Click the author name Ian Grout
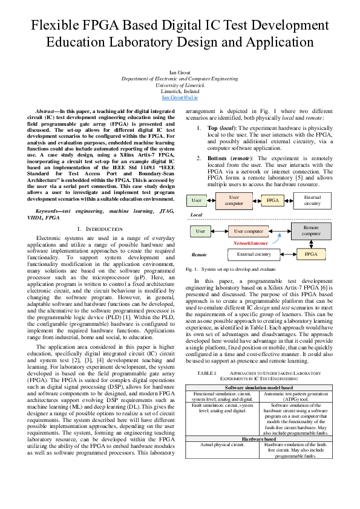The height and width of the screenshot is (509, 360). (180, 73)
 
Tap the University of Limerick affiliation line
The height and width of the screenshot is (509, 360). (180, 85)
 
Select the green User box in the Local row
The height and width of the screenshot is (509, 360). (197, 200)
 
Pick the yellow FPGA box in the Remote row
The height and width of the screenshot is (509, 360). (312, 254)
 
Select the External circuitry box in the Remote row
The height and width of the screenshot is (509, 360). (254, 254)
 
